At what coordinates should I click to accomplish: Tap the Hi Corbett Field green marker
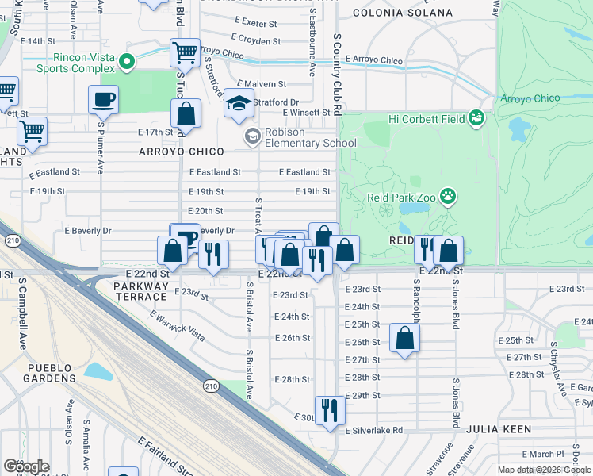(x=476, y=118)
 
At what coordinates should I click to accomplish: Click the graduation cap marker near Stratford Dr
(x=238, y=104)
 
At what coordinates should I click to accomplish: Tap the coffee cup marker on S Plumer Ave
(x=103, y=101)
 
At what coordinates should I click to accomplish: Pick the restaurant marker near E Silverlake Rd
(x=330, y=411)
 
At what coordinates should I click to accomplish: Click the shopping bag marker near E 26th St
(x=404, y=338)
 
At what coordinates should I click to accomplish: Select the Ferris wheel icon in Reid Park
(x=386, y=211)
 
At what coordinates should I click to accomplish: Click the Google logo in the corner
(x=26, y=466)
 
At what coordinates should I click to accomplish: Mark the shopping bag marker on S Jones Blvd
(x=448, y=251)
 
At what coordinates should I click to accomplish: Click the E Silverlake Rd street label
(x=373, y=430)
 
